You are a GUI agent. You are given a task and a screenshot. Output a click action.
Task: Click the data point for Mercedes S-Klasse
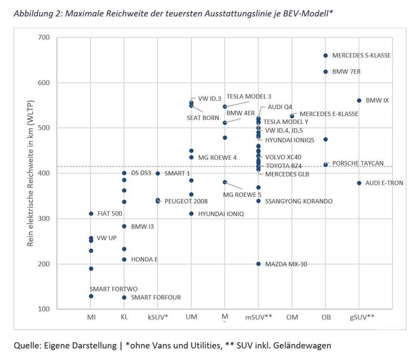(325, 55)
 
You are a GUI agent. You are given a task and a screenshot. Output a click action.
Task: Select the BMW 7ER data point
(325, 72)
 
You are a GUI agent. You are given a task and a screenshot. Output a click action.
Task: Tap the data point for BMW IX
(359, 100)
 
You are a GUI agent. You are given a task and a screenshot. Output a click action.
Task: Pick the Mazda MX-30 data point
(258, 264)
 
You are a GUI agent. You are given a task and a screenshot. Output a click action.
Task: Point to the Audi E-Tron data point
(359, 183)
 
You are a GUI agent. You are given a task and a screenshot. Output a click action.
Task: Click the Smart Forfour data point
(124, 298)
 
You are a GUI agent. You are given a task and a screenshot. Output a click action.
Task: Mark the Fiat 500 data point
(91, 214)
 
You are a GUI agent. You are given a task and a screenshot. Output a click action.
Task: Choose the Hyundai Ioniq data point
(191, 214)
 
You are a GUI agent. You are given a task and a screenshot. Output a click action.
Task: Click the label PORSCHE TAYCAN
(358, 164)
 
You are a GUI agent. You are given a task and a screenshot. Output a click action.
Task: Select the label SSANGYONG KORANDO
(299, 201)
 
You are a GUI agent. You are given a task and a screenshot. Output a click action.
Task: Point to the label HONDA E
(144, 259)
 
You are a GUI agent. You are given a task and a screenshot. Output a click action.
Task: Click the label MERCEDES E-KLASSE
(329, 114)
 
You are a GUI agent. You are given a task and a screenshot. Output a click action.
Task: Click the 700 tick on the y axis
(44, 38)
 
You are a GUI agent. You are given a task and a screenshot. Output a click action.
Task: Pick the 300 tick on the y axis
(44, 219)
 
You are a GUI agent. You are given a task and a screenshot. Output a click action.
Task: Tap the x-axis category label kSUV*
(157, 317)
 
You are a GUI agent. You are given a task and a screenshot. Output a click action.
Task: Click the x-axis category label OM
(292, 317)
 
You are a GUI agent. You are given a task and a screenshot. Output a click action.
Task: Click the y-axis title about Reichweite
(31, 173)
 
